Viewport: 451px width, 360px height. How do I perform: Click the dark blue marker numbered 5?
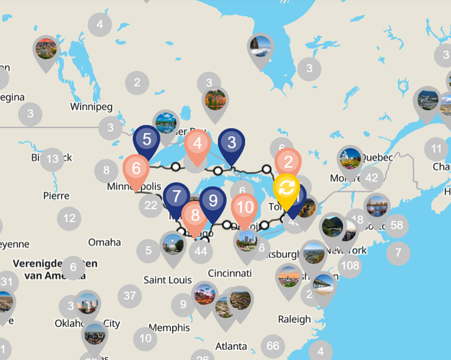pyautogui.click(x=146, y=139)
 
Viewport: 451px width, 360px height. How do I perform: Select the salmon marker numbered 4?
pyautogui.click(x=197, y=143)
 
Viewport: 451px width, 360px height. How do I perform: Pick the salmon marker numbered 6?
pyautogui.click(x=136, y=170)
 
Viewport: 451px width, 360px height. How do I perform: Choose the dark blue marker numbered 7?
pyautogui.click(x=177, y=196)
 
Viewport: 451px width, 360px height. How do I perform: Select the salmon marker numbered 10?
pyautogui.click(x=245, y=207)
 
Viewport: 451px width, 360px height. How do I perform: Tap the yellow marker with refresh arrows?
pyautogui.click(x=286, y=189)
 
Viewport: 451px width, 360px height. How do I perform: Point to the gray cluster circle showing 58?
pyautogui.click(x=396, y=225)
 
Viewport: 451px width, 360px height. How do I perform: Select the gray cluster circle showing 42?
pyautogui.click(x=371, y=177)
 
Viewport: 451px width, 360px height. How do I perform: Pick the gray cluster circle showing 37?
pyautogui.click(x=130, y=294)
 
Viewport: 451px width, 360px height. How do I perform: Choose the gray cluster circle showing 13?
pyautogui.click(x=52, y=159)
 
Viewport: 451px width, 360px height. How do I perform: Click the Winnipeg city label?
pyautogui.click(x=91, y=107)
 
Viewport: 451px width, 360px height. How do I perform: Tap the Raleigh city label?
pyautogui.click(x=294, y=319)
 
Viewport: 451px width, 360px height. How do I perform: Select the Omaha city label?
pyautogui.click(x=104, y=242)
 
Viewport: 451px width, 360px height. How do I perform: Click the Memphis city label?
pyautogui.click(x=169, y=327)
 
